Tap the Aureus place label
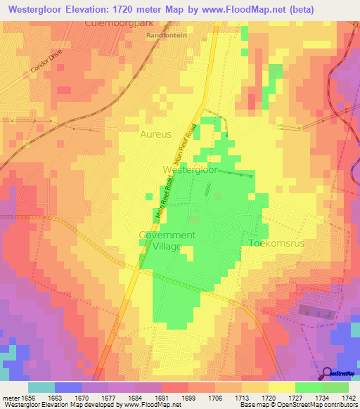[155, 133]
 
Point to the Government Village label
[167, 240]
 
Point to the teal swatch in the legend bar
[41, 387]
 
